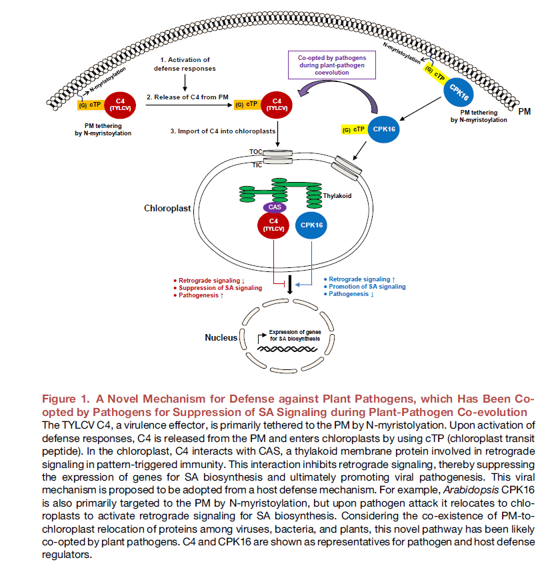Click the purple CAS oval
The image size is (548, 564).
pyautogui.click(x=275, y=207)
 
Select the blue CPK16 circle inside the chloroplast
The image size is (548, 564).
pyautogui.click(x=311, y=225)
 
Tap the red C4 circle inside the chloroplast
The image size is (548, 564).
pyautogui.click(x=273, y=225)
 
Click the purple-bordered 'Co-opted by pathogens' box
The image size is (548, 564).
pyautogui.click(x=332, y=65)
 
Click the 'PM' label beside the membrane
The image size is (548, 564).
pyautogui.click(x=524, y=112)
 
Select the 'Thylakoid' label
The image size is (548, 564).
pyautogui.click(x=337, y=196)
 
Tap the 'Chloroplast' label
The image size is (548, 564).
pyautogui.click(x=167, y=208)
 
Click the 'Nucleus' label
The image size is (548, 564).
pyautogui.click(x=221, y=338)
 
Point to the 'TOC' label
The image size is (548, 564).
pyautogui.click(x=256, y=152)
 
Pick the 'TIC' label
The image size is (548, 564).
pyautogui.click(x=257, y=165)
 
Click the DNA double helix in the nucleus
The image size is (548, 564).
pyautogui.click(x=287, y=349)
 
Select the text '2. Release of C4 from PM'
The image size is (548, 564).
pyautogui.click(x=187, y=97)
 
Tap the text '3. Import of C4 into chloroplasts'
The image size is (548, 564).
pyautogui.click(x=223, y=131)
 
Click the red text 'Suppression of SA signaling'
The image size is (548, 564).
pyautogui.click(x=221, y=288)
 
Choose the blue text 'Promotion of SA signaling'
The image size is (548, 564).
pyautogui.click(x=367, y=287)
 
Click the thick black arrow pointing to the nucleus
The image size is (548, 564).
pyautogui.click(x=290, y=285)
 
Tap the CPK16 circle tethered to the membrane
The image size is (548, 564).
pyautogui.click(x=458, y=93)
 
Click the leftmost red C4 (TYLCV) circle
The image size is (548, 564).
pyautogui.click(x=120, y=105)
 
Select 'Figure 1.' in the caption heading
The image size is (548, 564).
pyautogui.click(x=66, y=399)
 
